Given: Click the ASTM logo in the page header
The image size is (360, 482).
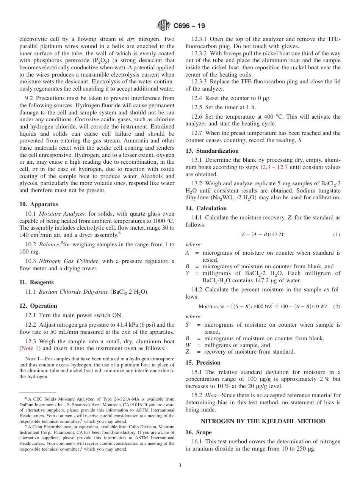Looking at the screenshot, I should coord(164,26).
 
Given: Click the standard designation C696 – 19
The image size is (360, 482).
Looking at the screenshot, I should coord(189,26).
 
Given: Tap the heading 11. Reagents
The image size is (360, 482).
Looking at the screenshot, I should coord(36,282).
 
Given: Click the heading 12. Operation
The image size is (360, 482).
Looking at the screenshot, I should coord(38,306).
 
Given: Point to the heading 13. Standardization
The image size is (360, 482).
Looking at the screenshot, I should coord(212,151).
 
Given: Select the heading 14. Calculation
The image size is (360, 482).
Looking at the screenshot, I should coord(206,208).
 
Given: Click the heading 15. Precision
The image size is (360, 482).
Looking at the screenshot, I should coord(203,363).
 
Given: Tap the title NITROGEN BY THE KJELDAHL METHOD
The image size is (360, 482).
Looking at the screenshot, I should coord(263,421).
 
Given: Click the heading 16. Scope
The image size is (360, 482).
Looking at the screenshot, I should coord(199,432).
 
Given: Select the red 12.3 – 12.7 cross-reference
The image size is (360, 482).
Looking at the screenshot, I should coord(274,167).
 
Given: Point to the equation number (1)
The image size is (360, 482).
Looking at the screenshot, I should coord(337,235).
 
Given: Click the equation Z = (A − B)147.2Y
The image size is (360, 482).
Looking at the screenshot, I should coord(263,235).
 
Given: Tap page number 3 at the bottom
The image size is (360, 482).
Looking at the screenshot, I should coord(180,466).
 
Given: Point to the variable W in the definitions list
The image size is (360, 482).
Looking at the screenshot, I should coord(188,345).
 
